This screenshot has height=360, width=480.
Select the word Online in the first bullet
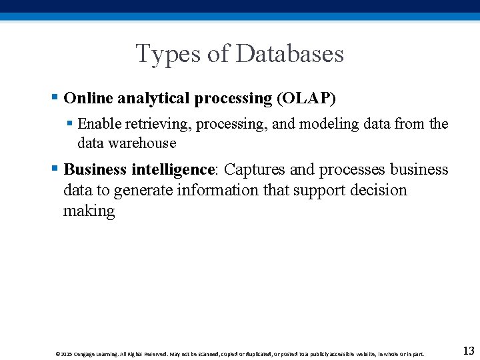[x=88, y=99]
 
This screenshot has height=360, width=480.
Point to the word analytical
[x=153, y=99]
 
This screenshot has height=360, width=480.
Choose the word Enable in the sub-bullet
[x=99, y=124]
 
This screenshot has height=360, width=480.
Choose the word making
[x=89, y=211]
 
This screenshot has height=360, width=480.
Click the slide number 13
[x=468, y=351]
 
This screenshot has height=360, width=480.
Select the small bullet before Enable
[x=70, y=124]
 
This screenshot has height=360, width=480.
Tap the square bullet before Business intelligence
[x=54, y=169]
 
